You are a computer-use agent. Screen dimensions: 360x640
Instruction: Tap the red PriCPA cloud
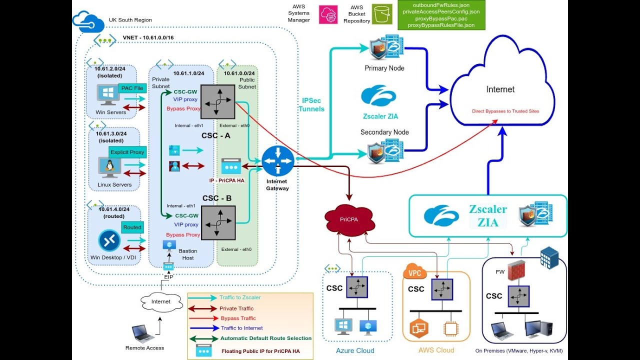[x=349, y=218]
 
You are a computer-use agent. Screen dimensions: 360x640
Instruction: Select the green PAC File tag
[x=132, y=88]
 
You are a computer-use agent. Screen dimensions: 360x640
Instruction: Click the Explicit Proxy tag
[x=127, y=152]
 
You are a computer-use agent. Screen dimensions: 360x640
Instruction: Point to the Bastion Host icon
[x=169, y=245]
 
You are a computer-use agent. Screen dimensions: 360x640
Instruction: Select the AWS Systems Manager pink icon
[x=329, y=13]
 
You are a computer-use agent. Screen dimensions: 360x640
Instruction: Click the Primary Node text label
[x=384, y=68]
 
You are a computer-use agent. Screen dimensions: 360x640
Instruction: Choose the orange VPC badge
[x=414, y=273]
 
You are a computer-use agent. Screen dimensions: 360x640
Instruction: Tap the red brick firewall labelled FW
[x=516, y=270]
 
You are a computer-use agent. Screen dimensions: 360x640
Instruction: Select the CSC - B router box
[x=218, y=223]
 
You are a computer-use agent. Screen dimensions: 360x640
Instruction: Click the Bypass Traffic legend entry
[x=238, y=318]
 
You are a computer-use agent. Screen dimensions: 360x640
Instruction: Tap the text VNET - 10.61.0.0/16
[x=148, y=38]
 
